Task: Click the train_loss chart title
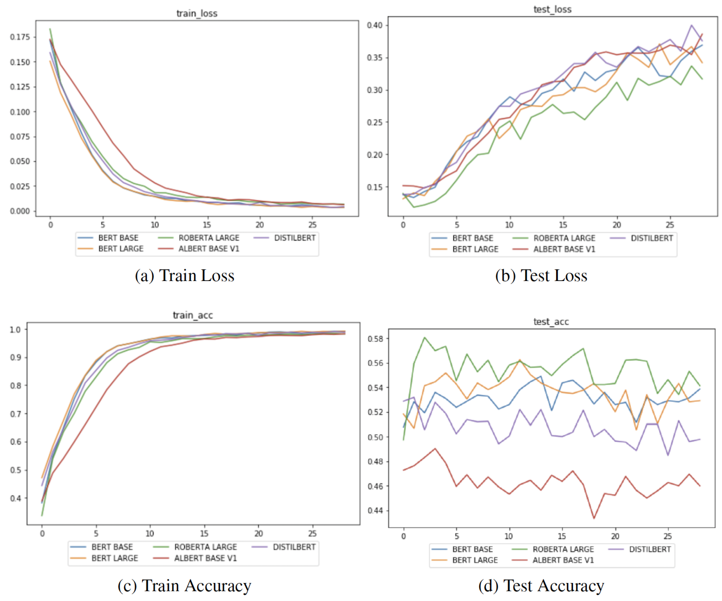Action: [x=197, y=13]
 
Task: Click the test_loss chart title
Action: [x=552, y=9]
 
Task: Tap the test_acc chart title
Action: [x=551, y=322]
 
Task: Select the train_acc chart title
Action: [x=193, y=315]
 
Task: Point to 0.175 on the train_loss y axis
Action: [x=20, y=37]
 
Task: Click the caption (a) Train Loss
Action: [x=185, y=275]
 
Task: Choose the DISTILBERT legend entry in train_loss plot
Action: [x=294, y=238]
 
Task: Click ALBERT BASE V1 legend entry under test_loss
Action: [x=564, y=249]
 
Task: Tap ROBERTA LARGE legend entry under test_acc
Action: [x=563, y=549]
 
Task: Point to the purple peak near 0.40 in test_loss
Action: [x=691, y=25]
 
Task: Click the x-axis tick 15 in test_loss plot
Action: [x=563, y=225]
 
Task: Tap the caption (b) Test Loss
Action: [x=541, y=275]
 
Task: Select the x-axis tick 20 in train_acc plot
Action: [x=258, y=533]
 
